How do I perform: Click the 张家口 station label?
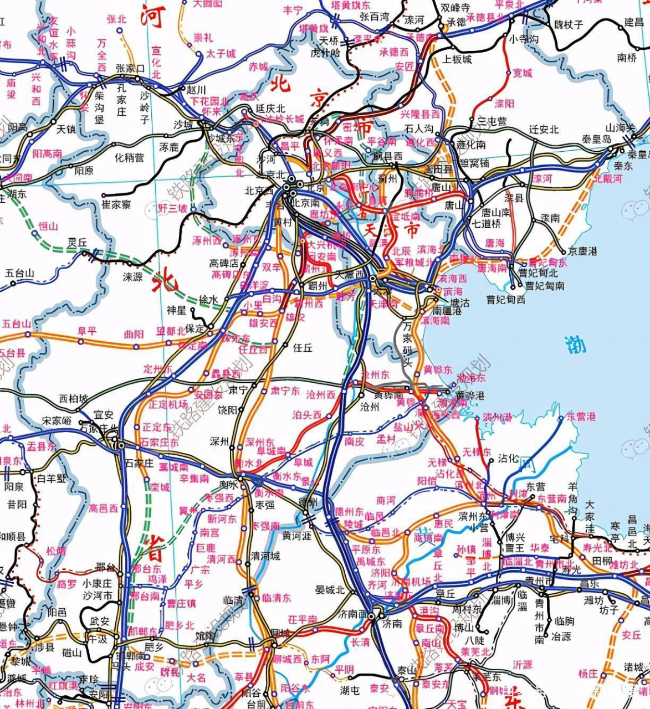130,69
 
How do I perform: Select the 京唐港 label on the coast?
582,251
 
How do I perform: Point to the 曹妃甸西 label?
505,300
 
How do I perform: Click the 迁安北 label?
544,129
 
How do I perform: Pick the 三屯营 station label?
492,121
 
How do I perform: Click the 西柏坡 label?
74,399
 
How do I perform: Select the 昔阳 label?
17,505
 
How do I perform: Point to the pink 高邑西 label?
104,507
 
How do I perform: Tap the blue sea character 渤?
576,345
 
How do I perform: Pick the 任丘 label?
303,348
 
